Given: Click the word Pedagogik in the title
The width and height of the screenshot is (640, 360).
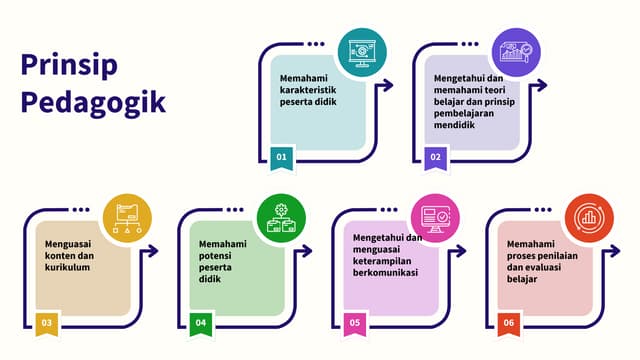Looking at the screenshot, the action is [93, 103].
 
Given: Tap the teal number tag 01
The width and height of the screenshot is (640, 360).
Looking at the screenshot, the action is [282, 157].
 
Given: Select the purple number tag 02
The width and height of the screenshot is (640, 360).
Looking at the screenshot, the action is [436, 157].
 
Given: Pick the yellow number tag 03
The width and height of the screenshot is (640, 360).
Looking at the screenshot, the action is [47, 323].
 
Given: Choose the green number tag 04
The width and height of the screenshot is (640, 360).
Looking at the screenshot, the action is [201, 323].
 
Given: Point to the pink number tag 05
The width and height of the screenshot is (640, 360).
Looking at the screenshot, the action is [355, 323].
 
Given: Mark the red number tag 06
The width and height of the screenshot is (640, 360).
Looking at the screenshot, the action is [509, 323].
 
